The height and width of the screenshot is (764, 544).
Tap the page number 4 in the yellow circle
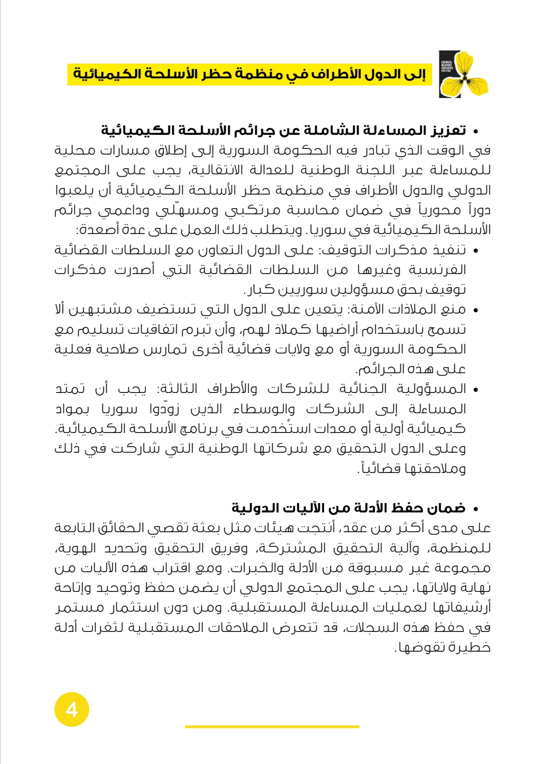point(71,710)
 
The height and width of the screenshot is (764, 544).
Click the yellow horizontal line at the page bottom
point(272,726)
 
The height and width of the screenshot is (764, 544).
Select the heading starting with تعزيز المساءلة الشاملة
point(283,130)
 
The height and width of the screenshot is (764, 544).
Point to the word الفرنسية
point(438,270)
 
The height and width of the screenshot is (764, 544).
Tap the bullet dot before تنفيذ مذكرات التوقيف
point(475,251)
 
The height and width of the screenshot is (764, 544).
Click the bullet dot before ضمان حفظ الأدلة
point(475,510)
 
